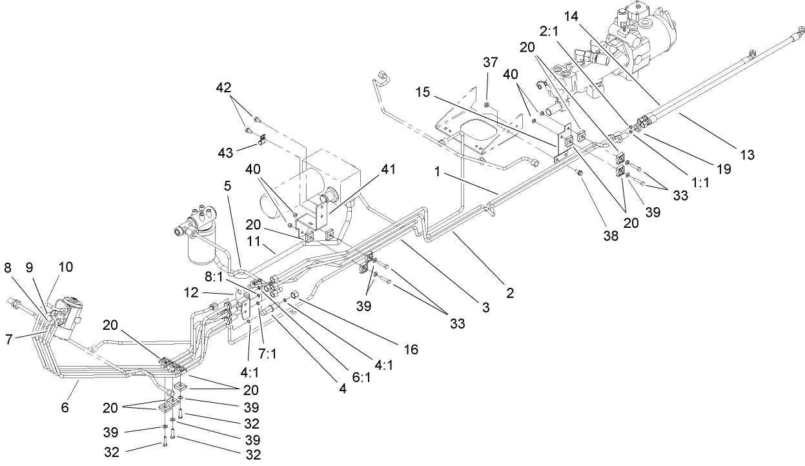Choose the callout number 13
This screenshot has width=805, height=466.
(x=748, y=155)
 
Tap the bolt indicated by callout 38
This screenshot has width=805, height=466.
(x=578, y=172)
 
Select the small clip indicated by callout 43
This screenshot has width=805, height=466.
(x=263, y=138)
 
